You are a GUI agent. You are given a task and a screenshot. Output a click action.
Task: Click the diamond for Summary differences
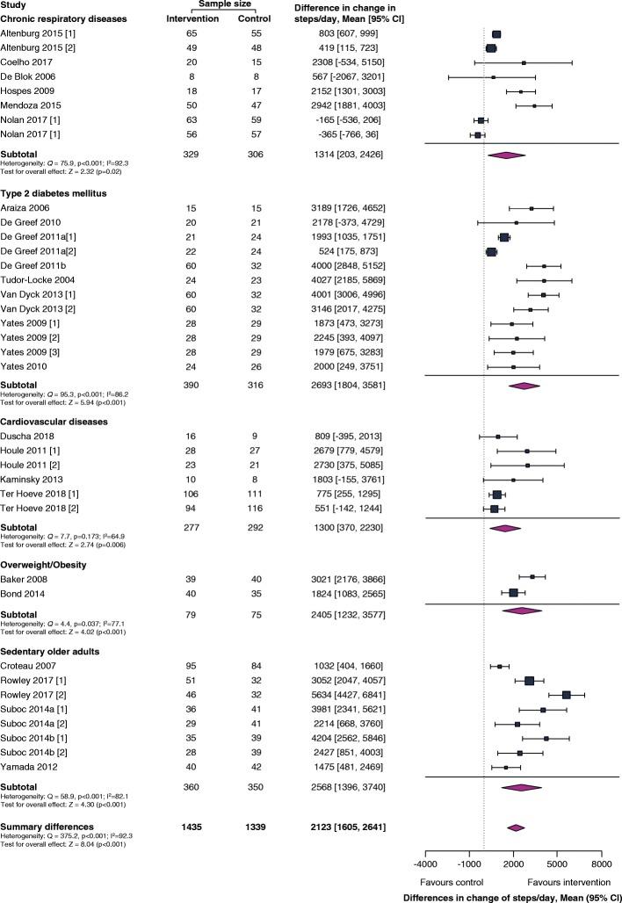click(x=516, y=851)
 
